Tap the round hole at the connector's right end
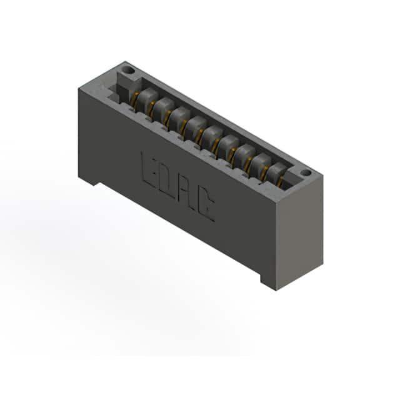tap(305, 173)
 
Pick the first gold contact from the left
tap(134, 100)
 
